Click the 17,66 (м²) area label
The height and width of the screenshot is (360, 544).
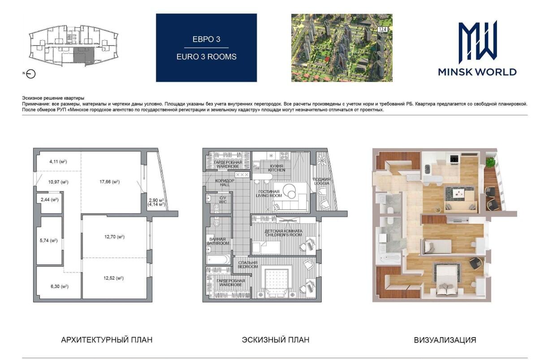coord(109,182)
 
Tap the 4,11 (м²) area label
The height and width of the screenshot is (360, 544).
coord(58,162)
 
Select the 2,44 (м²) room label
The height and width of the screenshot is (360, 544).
coord(50,200)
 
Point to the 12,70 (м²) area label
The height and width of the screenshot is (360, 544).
coord(114,237)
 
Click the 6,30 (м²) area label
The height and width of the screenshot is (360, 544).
coord(60,287)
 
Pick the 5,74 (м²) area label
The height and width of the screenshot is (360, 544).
coord(48,240)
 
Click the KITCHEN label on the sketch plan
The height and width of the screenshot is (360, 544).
coord(276,170)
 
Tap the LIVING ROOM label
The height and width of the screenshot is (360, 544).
coord(269,196)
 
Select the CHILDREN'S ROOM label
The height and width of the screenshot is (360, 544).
coord(283,235)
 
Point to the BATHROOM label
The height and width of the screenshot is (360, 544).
coord(218,243)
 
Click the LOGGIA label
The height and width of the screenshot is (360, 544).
coord(321,183)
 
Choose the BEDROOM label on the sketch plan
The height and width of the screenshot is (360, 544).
coord(248,267)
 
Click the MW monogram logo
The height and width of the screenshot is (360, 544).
coord(477,42)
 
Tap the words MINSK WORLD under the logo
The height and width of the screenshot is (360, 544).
coord(477,72)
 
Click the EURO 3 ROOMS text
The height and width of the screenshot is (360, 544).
coord(207,57)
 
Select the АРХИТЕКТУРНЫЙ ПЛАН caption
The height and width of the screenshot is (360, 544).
coord(107,340)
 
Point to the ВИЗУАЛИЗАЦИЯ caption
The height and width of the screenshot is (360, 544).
coord(445,340)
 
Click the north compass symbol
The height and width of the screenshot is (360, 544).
coord(31,74)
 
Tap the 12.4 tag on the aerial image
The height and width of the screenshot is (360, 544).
coord(383,30)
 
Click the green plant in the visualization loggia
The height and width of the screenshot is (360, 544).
coord(490,162)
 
